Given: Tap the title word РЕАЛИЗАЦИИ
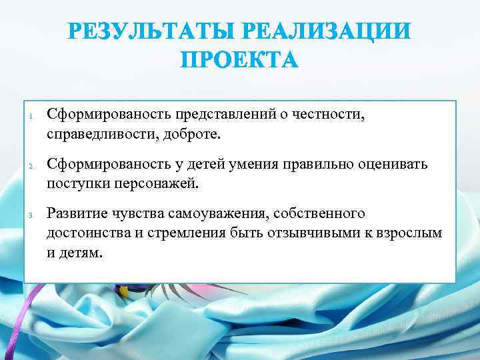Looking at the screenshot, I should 326,33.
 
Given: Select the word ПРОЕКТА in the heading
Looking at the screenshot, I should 240,61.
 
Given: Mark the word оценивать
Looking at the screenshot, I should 394,165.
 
